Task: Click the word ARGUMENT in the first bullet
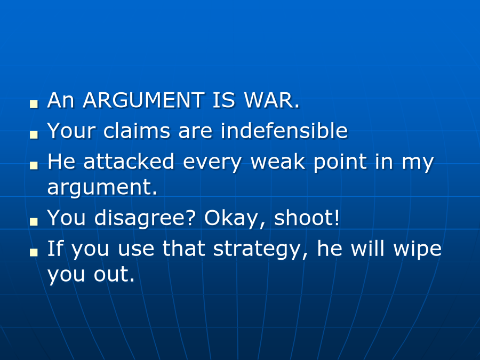[144, 100]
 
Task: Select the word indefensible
[284, 131]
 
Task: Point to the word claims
[137, 131]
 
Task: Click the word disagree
[145, 219]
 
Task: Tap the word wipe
[418, 250]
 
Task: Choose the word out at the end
[114, 274]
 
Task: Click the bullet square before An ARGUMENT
[34, 104]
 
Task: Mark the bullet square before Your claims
[34, 134]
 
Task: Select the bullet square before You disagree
[34, 221]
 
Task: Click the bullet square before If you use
[34, 252]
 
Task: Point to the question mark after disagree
[191, 218]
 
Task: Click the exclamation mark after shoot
[337, 218]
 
